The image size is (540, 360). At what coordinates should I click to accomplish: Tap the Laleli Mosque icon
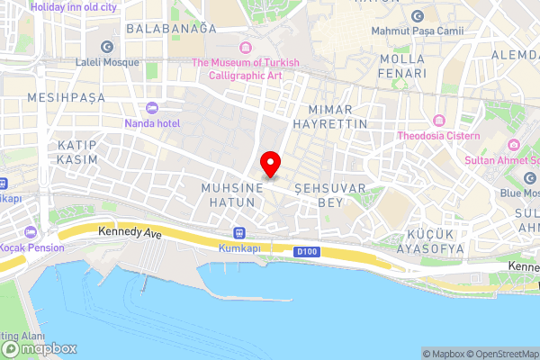coord(107,47)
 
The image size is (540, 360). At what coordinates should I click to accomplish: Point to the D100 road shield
coord(306,253)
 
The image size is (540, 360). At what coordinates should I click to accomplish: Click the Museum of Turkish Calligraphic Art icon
coord(244,47)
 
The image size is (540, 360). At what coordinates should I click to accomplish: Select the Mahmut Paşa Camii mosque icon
coord(417,16)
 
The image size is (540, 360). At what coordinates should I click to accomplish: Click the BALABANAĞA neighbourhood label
coord(171,29)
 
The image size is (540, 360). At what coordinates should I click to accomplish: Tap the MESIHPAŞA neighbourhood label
coord(67,96)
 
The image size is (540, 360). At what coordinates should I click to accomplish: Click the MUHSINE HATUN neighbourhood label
coord(231,195)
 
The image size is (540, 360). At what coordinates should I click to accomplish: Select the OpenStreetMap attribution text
coord(500,354)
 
